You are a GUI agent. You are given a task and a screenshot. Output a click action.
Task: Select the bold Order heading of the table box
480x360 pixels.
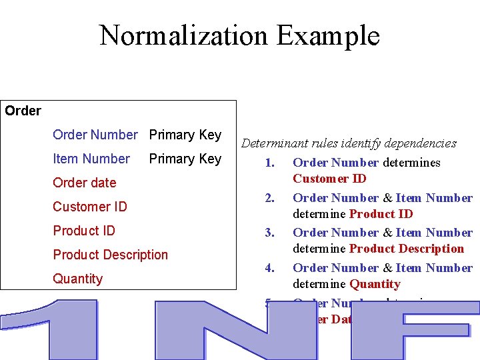tap(23, 111)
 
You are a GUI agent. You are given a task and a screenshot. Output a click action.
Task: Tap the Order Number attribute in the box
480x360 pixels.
tap(95, 135)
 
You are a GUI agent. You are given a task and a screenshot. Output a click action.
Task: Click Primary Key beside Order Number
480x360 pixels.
tap(185, 135)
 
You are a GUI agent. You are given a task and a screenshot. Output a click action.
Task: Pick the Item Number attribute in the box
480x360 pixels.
tap(91, 159)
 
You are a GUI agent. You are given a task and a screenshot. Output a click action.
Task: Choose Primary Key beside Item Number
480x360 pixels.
tap(185, 159)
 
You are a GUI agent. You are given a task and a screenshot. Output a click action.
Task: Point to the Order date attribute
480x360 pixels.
tap(84, 183)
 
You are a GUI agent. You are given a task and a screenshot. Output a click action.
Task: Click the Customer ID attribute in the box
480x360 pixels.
tap(89, 207)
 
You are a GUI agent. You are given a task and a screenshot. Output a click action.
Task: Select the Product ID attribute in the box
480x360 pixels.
tap(84, 231)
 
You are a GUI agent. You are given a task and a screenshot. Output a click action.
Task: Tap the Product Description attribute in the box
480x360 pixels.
tap(110, 255)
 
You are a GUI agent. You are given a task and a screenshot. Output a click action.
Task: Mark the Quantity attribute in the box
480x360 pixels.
tap(77, 279)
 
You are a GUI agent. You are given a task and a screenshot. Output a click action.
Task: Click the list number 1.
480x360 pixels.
tap(269, 163)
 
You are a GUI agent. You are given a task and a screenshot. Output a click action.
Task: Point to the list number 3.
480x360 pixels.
tap(269, 233)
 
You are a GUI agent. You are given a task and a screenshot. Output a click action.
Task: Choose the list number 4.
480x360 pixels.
tap(269, 268)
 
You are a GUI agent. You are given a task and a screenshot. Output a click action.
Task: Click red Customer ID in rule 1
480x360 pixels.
tap(329, 179)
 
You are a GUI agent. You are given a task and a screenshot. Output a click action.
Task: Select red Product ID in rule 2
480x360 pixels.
tap(381, 214)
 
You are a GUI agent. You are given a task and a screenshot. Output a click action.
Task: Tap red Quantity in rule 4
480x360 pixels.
tap(375, 284)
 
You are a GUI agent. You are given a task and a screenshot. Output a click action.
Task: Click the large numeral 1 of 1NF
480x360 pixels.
tap(63, 330)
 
